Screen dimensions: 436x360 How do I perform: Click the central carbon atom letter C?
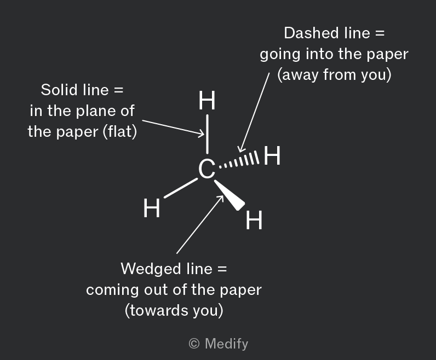pos(206,169)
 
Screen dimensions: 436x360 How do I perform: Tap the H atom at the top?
pos(207,100)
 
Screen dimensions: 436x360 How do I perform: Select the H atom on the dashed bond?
pos(272,155)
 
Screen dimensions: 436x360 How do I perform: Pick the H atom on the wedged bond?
pos(254,220)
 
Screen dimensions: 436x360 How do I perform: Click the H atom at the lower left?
pos(152,208)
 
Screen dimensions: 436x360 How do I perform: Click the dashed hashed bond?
pos(239,160)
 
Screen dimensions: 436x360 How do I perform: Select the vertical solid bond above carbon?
pos(207,134)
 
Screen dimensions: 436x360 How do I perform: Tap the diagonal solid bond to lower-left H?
pos(181,188)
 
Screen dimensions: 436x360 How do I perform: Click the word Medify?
pos(226,344)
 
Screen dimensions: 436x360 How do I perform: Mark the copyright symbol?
pos(194,344)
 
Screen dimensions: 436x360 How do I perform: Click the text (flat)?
pos(120,132)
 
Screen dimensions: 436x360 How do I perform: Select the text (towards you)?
pos(174,311)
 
